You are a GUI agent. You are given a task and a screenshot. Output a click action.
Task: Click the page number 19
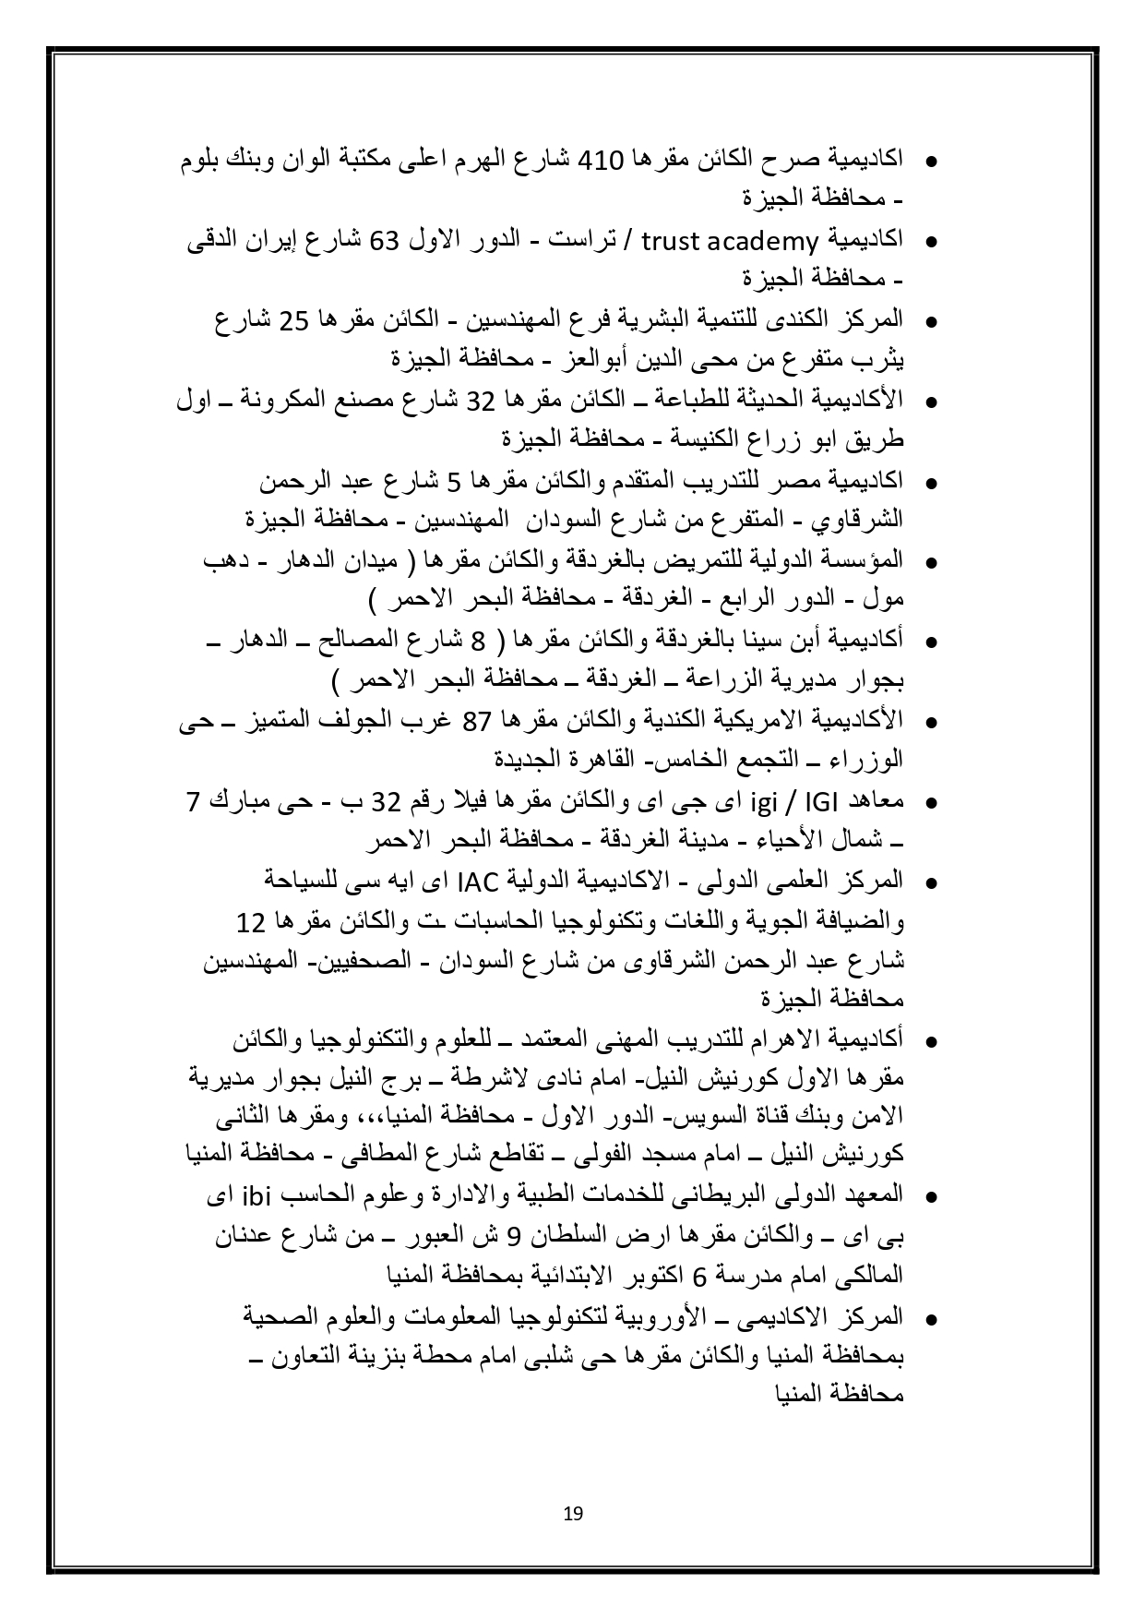pos(572,1513)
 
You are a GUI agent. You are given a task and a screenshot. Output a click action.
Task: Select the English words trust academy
pos(722,241)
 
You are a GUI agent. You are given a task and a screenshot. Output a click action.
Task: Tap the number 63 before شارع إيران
pos(383,241)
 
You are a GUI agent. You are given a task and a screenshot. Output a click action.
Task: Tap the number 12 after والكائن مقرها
pos(250,922)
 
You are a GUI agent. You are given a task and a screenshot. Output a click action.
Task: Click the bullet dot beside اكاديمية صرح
pos(931,162)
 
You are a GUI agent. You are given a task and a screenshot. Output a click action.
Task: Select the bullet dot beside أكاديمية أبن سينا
pos(931,642)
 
